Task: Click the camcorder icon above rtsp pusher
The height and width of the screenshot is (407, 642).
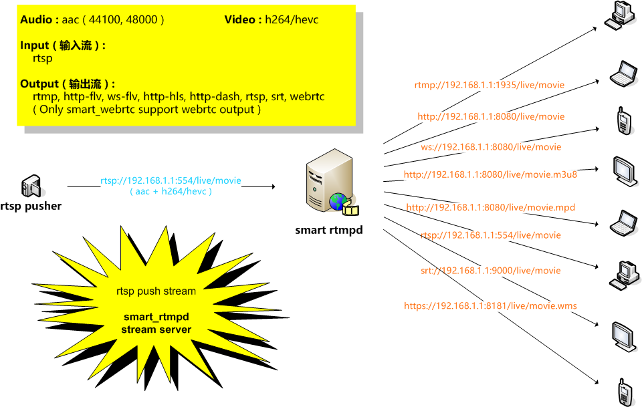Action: (x=31, y=186)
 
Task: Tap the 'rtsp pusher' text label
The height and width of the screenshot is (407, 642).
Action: (x=31, y=206)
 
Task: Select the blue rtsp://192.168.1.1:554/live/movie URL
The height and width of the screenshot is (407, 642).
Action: (x=171, y=180)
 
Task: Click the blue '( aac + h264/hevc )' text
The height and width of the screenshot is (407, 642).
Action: (x=171, y=191)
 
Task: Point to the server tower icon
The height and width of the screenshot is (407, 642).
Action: (x=330, y=180)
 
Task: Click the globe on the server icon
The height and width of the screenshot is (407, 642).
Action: (x=338, y=202)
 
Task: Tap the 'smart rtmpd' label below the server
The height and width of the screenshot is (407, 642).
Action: (x=329, y=230)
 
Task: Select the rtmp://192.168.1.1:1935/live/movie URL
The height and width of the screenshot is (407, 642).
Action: (x=490, y=85)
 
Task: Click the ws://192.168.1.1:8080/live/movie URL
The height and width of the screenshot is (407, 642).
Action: (x=491, y=147)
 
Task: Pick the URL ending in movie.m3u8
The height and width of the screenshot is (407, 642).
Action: (x=490, y=174)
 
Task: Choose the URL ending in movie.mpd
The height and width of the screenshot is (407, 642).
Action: (x=490, y=207)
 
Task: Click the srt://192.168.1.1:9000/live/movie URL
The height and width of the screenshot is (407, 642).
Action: (x=490, y=271)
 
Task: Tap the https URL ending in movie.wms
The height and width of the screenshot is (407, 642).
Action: (x=490, y=305)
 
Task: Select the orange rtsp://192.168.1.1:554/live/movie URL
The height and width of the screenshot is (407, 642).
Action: (x=490, y=235)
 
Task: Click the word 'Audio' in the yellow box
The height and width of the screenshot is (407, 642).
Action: (x=36, y=19)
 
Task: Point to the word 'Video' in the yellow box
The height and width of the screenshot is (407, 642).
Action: (x=240, y=19)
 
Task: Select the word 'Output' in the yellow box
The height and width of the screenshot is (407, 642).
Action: (x=39, y=84)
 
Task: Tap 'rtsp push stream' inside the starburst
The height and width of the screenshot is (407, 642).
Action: (x=156, y=291)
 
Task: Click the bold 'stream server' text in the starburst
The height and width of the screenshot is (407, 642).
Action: (x=156, y=329)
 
